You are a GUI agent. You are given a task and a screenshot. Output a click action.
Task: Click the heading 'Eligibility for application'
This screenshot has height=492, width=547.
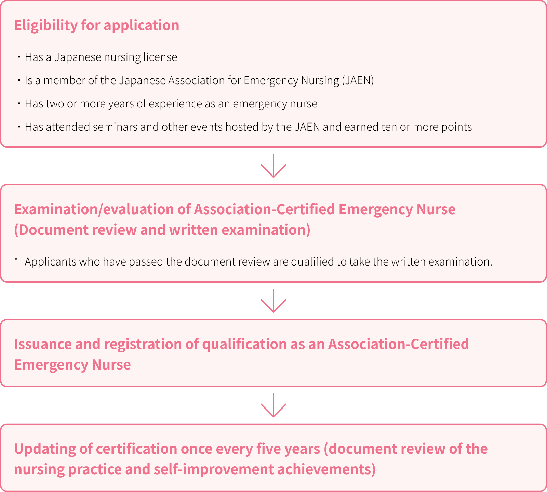coord(97,26)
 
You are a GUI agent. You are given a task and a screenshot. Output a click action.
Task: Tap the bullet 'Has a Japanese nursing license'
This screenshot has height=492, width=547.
coord(101,57)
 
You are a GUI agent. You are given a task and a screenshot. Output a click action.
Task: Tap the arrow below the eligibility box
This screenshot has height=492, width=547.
coord(273,166)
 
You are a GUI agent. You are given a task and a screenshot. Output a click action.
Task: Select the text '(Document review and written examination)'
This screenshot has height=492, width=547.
coord(162,230)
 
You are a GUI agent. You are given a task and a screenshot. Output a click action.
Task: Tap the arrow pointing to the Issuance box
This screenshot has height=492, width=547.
coord(273,301)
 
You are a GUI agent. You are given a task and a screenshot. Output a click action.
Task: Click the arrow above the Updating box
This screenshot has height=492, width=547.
coord(273,405)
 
